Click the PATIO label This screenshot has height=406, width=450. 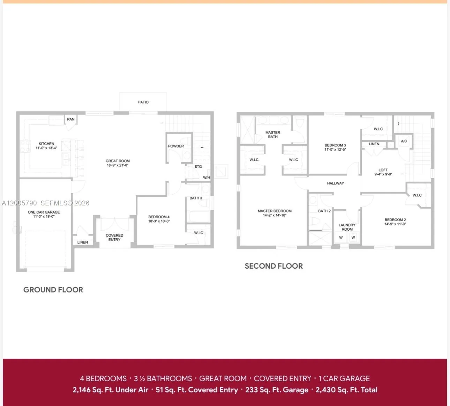click(x=143, y=102)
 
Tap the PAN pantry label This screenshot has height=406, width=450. click(x=70, y=119)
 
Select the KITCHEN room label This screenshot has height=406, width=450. click(x=46, y=144)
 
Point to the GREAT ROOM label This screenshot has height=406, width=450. click(x=118, y=161)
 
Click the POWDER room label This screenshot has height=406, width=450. click(x=176, y=146)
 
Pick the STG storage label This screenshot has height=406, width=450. click(x=198, y=167)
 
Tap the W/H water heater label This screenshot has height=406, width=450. click(x=207, y=177)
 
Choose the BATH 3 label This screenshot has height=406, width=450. click(x=196, y=198)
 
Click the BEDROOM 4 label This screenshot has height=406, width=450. click(x=159, y=217)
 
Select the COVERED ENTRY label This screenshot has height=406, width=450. click(x=114, y=238)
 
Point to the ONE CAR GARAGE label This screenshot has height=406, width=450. click(x=44, y=212)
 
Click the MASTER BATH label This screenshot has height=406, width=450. click(x=273, y=135)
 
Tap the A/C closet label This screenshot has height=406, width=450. click(x=404, y=141)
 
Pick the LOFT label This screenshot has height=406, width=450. click(x=383, y=170)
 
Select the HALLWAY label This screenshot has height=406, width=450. click(x=336, y=183)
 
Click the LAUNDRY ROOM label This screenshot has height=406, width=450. click(x=347, y=227)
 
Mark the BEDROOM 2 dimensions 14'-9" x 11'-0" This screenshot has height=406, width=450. click(x=395, y=224)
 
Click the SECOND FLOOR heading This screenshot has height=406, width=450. click(x=274, y=266)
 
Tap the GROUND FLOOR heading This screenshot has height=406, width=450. click(x=53, y=290)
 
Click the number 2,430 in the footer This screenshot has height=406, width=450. click(x=324, y=390)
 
